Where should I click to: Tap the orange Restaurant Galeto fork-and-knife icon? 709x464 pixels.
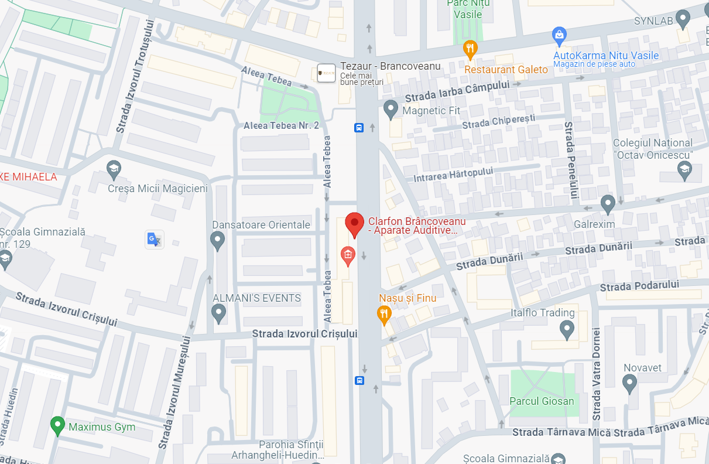[x=470, y=49]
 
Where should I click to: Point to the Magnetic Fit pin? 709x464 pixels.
[x=391, y=109]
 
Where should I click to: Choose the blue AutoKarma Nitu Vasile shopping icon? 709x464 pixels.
[x=559, y=35]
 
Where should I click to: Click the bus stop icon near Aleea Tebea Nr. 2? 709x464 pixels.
[x=359, y=128]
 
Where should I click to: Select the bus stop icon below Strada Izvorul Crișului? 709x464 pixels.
[x=359, y=380]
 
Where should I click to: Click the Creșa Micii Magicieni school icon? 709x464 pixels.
[x=114, y=170]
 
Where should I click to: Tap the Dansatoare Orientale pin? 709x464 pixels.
[x=218, y=240]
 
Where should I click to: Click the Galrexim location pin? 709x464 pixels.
[x=608, y=204]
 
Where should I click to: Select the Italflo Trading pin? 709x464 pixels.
[x=567, y=329]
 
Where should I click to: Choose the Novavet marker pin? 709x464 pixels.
[x=629, y=384]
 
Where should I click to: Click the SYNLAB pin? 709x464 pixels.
[x=683, y=19]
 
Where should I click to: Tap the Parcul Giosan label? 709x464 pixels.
[x=542, y=401]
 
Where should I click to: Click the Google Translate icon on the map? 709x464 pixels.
[x=154, y=239]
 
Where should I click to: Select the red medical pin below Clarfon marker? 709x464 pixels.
[x=348, y=255]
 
